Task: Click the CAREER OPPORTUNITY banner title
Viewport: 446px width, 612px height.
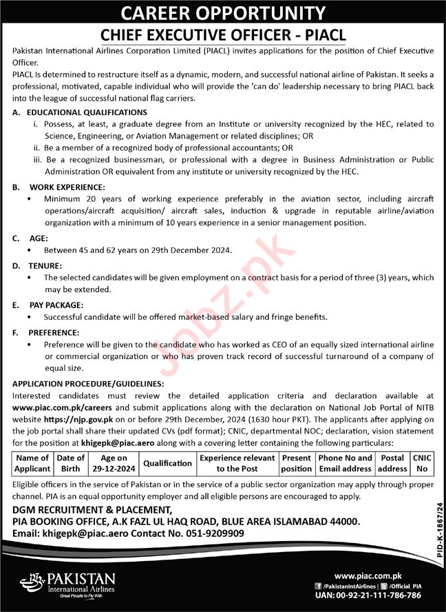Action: click(222, 12)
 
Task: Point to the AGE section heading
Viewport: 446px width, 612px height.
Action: click(39, 238)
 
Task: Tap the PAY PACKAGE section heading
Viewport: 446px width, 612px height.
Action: click(56, 304)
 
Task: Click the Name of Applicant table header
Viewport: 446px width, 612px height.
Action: click(33, 463)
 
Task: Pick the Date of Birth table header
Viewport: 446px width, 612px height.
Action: click(71, 463)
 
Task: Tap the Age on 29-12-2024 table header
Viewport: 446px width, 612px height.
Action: click(113, 463)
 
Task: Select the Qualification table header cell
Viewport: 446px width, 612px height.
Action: click(167, 463)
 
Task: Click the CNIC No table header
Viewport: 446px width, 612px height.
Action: click(421, 463)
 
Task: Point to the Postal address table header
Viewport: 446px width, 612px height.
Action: click(392, 463)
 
